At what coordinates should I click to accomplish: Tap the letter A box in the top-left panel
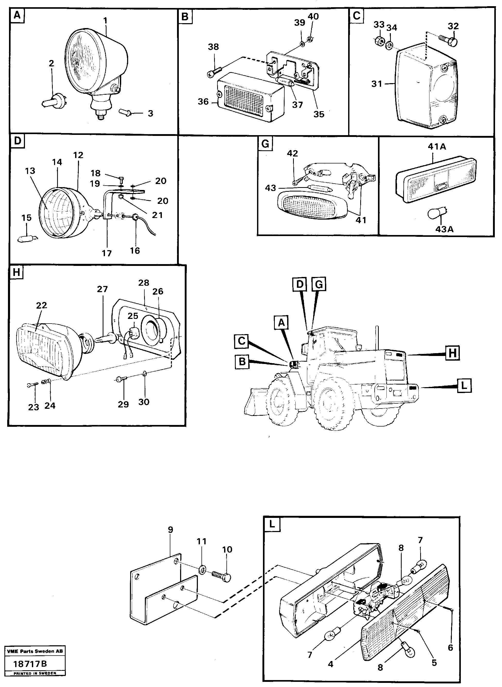click(17, 15)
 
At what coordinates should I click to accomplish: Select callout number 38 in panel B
click(213, 47)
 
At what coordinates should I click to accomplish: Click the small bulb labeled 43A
click(437, 215)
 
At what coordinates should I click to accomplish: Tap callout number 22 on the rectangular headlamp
click(42, 305)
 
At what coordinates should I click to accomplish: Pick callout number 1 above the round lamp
click(105, 21)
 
